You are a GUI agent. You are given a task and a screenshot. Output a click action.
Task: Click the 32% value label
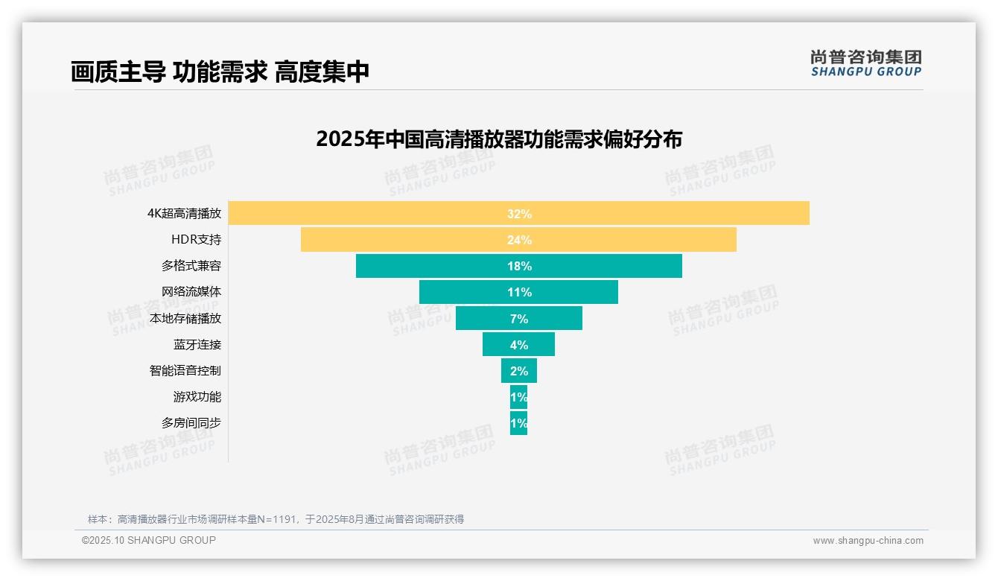(x=519, y=214)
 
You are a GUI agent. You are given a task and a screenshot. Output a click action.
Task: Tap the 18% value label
(x=519, y=266)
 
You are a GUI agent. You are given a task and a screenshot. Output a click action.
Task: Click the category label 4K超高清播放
(x=184, y=213)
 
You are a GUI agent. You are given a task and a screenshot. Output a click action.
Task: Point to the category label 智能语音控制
(x=185, y=370)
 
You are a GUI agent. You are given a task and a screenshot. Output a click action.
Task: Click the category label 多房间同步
(x=191, y=423)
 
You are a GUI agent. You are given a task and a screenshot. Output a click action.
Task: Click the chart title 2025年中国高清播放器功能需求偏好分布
(x=498, y=139)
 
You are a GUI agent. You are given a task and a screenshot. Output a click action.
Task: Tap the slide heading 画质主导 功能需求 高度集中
(x=220, y=72)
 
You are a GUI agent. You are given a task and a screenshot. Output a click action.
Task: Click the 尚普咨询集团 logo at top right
(x=865, y=63)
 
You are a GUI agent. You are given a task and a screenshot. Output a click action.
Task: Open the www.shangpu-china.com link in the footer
(x=868, y=541)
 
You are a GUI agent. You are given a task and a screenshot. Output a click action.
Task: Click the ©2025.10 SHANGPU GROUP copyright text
(x=149, y=540)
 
